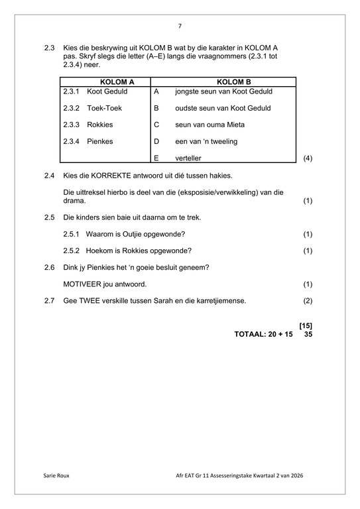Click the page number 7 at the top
tap(180, 26)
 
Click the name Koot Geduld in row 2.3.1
tap(107, 91)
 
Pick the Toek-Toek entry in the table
tap(104, 108)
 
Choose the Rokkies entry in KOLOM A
tap(100, 125)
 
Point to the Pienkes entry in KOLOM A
tap(100, 141)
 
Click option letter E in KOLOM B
tap(156, 158)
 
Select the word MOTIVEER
tap(83, 284)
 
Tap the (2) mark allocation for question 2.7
tap(307, 301)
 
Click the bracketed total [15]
tap(306, 325)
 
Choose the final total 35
tap(307, 334)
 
